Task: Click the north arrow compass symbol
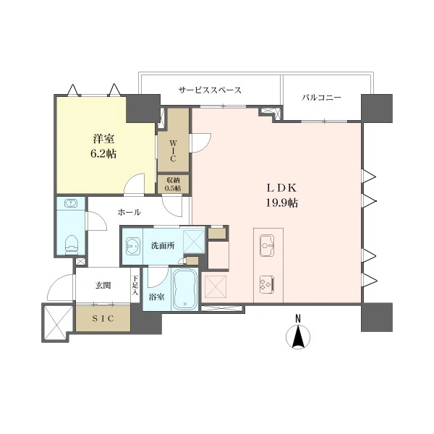tap(298, 337)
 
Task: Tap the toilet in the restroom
tap(72, 244)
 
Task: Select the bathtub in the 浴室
tap(185, 288)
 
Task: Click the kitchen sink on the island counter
tap(267, 245)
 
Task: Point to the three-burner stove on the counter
tap(267, 284)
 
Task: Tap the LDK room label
tap(281, 188)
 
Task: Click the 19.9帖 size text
tap(282, 203)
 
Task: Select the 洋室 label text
tap(103, 139)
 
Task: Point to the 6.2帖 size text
tap(103, 153)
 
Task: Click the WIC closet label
tap(173, 151)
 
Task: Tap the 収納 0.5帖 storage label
tap(173, 184)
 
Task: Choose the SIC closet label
tap(103, 318)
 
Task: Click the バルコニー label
tap(321, 98)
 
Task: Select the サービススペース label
tap(210, 90)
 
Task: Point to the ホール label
tap(129, 212)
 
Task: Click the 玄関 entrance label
tap(103, 286)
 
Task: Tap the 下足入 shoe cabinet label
tap(135, 285)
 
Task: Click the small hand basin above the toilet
tap(71, 203)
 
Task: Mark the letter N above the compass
tap(298, 318)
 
